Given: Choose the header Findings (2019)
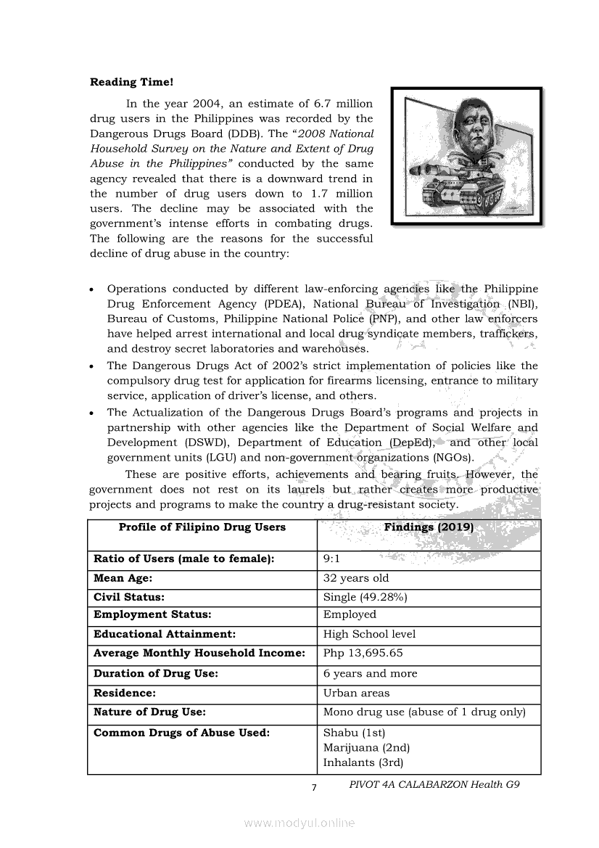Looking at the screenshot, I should (429, 527).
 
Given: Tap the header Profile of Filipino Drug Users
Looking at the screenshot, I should (202, 527).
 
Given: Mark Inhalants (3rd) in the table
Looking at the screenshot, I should (363, 762).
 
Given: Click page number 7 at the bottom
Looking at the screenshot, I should (314, 789).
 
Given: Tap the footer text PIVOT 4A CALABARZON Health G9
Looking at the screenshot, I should (434, 785).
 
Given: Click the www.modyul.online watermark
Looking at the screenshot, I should (299, 823).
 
